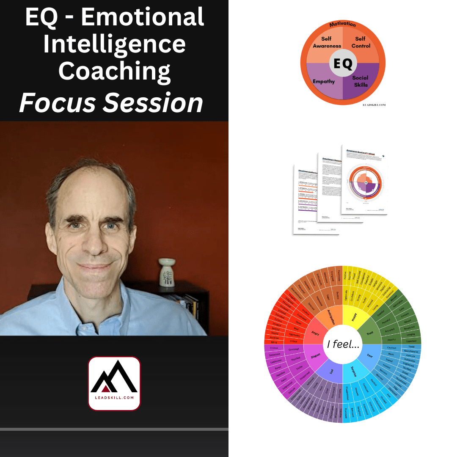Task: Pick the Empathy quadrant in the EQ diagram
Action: [x=324, y=81]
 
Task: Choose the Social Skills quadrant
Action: [x=360, y=80]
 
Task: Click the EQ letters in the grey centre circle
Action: [x=343, y=63]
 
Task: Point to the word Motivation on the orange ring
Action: [x=343, y=25]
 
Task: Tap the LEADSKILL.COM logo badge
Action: [x=114, y=383]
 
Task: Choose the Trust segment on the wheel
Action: [x=370, y=333]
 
